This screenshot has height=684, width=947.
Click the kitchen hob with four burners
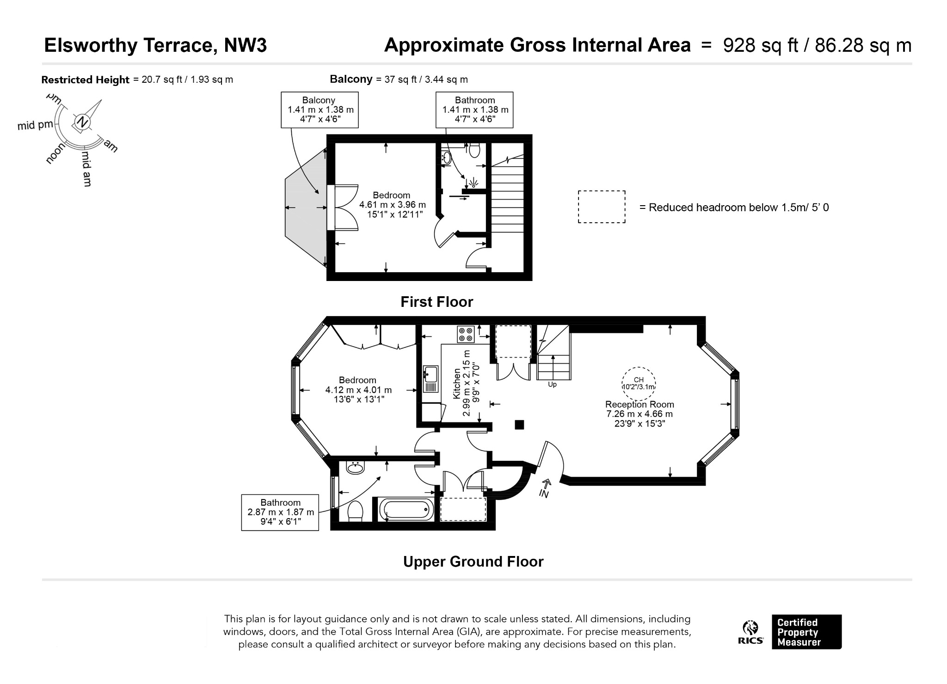pos(466,334)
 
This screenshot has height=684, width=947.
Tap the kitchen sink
pos(430,379)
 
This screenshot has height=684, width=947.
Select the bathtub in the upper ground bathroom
pos(406,509)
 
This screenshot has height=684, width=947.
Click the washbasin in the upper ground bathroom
pos(356,467)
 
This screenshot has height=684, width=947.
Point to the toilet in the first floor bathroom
pos(474,150)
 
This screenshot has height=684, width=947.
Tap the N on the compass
pos(82,122)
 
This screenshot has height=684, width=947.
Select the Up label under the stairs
pos(552,385)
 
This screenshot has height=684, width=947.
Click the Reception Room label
pos(640,404)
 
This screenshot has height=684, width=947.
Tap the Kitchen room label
pos(457,383)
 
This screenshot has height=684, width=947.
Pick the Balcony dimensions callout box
pos(320,110)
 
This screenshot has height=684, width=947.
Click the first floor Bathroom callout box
pos(474,110)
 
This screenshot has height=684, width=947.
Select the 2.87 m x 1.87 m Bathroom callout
pos(280,512)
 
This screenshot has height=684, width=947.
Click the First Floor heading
pos(437,302)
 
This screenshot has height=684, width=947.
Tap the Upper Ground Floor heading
pos(473,562)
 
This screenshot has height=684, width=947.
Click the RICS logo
pos(750,632)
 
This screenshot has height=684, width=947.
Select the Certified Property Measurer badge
pos(806,632)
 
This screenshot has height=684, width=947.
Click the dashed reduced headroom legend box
pos(602,207)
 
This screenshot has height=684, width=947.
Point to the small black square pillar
pos(520,424)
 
